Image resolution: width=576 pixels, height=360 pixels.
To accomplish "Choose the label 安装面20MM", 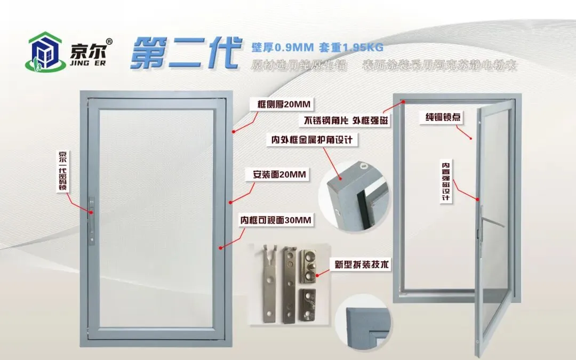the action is click(x=278, y=174).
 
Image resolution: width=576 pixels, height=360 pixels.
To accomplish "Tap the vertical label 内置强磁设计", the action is click(x=445, y=181).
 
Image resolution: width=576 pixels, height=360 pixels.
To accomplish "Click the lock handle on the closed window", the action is click(x=92, y=213).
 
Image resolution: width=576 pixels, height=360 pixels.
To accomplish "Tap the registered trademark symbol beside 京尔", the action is click(x=109, y=42).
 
